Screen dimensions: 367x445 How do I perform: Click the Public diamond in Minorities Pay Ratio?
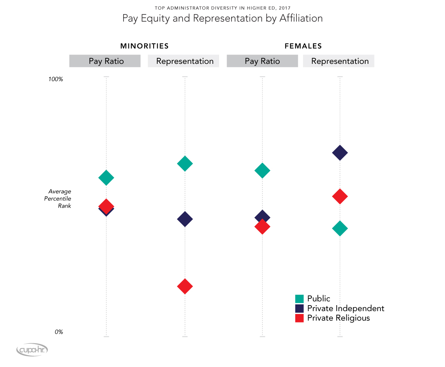(106, 177)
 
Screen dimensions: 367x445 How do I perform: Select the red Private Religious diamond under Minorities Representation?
(185, 286)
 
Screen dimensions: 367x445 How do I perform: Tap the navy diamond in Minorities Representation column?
(185, 219)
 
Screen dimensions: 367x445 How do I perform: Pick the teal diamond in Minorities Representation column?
(185, 163)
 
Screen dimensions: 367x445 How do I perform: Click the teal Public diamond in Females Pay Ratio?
(262, 171)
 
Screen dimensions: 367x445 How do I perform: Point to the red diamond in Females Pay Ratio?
(262, 227)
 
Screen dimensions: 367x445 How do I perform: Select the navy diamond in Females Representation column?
(340, 153)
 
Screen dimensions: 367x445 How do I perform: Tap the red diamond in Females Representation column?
(340, 196)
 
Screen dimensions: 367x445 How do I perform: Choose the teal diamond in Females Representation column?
(340, 229)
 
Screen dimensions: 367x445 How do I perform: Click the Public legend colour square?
(299, 299)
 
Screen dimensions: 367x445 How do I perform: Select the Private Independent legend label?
(345, 308)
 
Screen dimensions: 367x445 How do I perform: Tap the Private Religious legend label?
(338, 318)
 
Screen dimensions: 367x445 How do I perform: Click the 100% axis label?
(56, 79)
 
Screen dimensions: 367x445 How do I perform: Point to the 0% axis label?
(58, 332)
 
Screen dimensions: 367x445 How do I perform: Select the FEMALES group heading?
(303, 46)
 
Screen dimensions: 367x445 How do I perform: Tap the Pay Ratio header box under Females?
(262, 61)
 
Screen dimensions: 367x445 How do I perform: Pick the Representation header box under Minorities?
(185, 61)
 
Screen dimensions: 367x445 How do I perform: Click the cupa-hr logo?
(32, 350)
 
